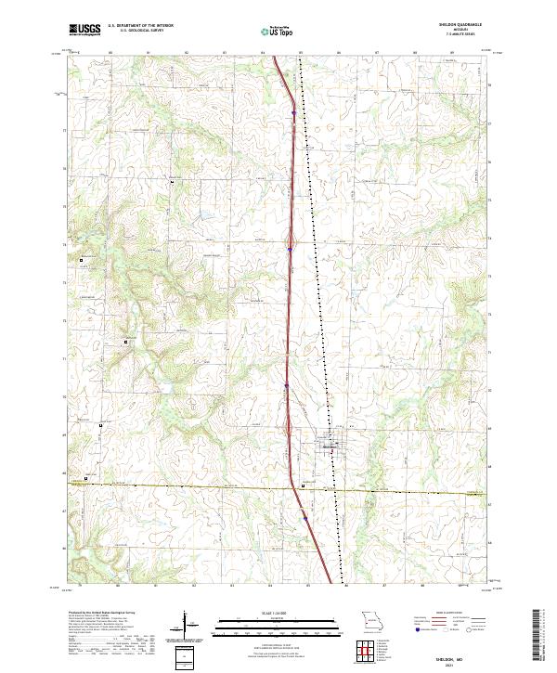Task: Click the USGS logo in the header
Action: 84,29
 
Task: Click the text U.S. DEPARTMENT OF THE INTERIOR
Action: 140,26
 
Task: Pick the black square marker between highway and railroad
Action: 303,485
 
